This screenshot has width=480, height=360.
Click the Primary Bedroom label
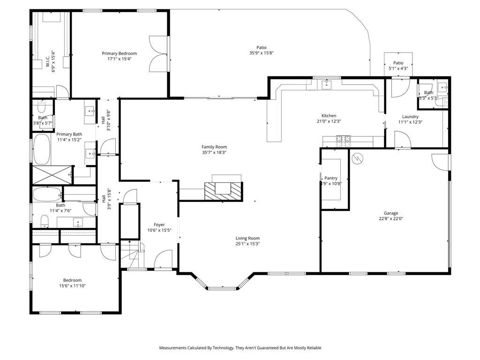click(x=119, y=53)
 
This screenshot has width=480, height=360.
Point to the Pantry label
click(x=331, y=178)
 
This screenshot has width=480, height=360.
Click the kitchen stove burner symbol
click(x=344, y=138)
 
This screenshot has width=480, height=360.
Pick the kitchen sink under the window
click(x=327, y=84)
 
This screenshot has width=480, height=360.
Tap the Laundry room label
click(x=410, y=117)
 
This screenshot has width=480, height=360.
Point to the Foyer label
click(x=159, y=225)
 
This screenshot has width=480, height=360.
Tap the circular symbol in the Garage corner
click(x=358, y=158)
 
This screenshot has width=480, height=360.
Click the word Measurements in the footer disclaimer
click(x=173, y=348)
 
